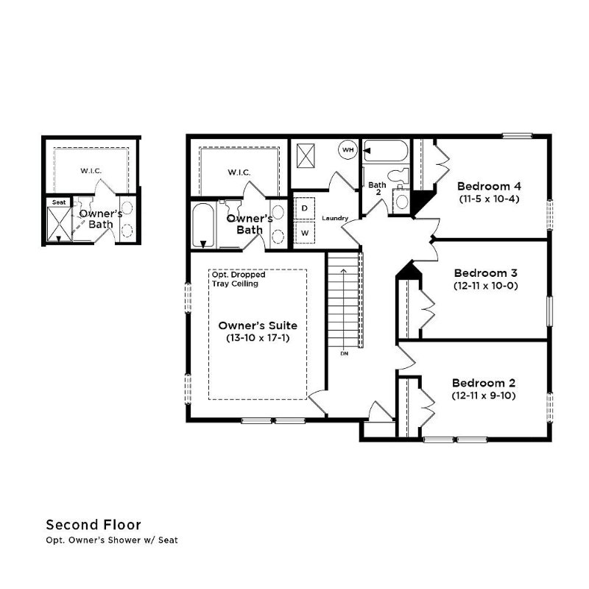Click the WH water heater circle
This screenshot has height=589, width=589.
tap(348, 150)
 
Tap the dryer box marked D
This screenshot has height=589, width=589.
tap(305, 208)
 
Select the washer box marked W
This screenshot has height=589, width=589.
tap(305, 233)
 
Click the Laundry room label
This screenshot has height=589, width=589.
tap(335, 218)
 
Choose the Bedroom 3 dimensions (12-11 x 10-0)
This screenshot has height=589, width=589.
tap(486, 286)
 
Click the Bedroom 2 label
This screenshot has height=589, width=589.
tap(484, 383)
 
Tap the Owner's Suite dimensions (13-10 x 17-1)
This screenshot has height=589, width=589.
tap(258, 338)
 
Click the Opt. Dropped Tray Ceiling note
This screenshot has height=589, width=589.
tap(239, 279)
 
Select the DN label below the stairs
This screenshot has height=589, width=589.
tap(344, 353)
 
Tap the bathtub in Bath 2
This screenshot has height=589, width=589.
tap(385, 151)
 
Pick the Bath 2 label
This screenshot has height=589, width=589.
tap(377, 188)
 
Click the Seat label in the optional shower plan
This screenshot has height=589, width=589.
tap(59, 202)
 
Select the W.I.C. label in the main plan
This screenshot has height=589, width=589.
tap(239, 172)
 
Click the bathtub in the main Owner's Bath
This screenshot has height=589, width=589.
tap(203, 225)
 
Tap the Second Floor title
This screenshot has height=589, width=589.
tap(94, 525)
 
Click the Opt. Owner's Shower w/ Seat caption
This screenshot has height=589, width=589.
tap(112, 540)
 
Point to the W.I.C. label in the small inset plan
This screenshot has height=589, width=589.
tap(91, 171)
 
